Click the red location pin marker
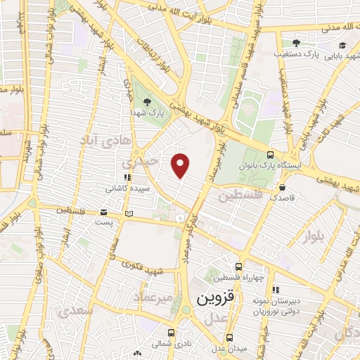(x=181, y=165)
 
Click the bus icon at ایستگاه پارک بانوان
(x=271, y=155)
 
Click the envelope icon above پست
(x=103, y=212)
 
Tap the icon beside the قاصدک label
(x=282, y=188)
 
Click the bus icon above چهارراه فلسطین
(x=238, y=266)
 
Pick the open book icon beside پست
(x=128, y=212)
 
